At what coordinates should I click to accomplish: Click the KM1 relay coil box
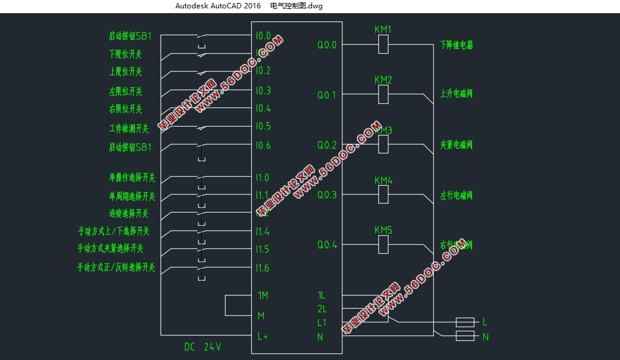pos(384,44)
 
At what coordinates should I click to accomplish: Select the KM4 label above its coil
pos(383,180)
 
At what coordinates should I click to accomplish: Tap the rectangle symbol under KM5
pos(384,244)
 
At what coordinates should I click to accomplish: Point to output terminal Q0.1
pos(326,95)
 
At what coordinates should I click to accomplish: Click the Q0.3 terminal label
pos(326,195)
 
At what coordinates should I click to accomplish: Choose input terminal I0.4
pos(263,109)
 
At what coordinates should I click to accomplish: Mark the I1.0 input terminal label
pos(263,177)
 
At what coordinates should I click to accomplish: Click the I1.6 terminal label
pos(263,268)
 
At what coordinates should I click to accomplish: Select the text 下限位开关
pos(125,54)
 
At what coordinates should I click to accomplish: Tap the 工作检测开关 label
pos(129,128)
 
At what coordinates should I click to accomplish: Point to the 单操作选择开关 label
pos(132,177)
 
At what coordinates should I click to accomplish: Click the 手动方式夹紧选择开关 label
pos(110,248)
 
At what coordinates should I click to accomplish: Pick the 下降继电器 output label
pos(456,45)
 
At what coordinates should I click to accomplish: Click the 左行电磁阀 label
pos(456,195)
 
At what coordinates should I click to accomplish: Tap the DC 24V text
pos(202,346)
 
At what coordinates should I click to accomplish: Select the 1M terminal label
pos(263,296)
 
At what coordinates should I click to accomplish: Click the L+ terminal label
pos(263,336)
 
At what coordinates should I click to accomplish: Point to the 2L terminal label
pos(322,309)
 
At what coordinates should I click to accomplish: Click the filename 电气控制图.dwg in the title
pos(297,6)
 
